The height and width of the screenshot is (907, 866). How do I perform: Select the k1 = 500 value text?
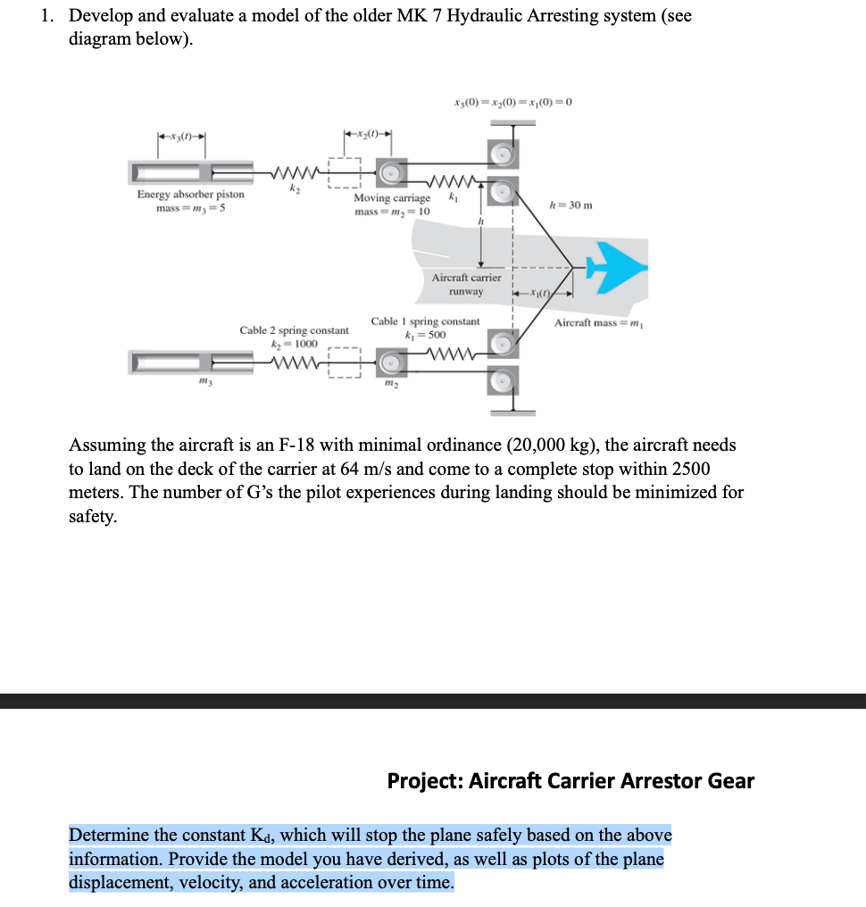click(x=426, y=334)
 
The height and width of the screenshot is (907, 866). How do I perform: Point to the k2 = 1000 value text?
click(x=294, y=344)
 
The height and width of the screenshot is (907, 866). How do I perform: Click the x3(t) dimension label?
click(x=182, y=137)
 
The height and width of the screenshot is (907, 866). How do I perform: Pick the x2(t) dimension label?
click(x=370, y=135)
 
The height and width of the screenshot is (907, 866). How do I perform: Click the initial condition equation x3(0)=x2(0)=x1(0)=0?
click(x=512, y=101)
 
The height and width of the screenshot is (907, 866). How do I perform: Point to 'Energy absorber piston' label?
click(x=190, y=195)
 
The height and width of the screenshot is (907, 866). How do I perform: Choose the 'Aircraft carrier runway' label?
click(x=466, y=285)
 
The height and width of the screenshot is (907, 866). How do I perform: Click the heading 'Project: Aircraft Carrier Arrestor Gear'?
click(x=570, y=781)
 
